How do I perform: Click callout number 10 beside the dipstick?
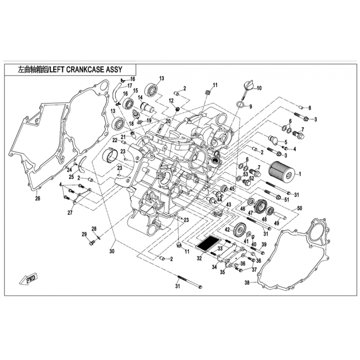coord(259,88)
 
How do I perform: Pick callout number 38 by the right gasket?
coord(247,283)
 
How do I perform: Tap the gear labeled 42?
coord(238,231)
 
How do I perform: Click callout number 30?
coord(112,251)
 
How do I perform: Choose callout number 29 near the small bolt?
coord(84,234)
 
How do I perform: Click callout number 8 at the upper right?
coord(310,108)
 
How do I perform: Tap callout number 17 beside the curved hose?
coord(130,86)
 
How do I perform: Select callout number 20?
coord(168,121)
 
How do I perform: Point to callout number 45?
coord(232,189)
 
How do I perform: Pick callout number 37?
coord(254,270)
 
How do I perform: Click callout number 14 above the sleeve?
coord(140,98)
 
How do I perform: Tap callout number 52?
coord(252,179)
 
